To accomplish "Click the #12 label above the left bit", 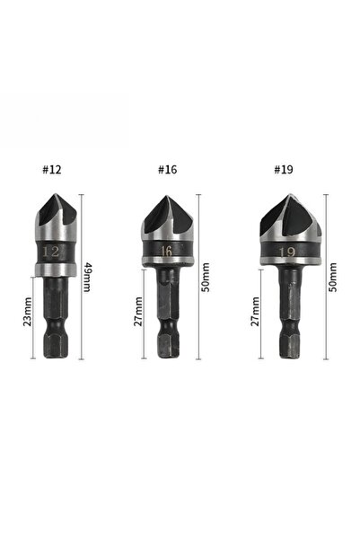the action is [52, 170].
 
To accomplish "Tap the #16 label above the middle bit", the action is [168, 170].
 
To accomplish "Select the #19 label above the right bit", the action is [284, 170].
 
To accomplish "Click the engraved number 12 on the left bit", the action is [50, 252].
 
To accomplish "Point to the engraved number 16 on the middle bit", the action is [167, 251].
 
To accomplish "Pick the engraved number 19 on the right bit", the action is [287, 252].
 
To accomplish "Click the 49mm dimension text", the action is [87, 278].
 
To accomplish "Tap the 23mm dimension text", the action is [27, 312].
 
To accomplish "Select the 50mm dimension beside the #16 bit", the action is [205, 278].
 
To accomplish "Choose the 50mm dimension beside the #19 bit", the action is [333, 278].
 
